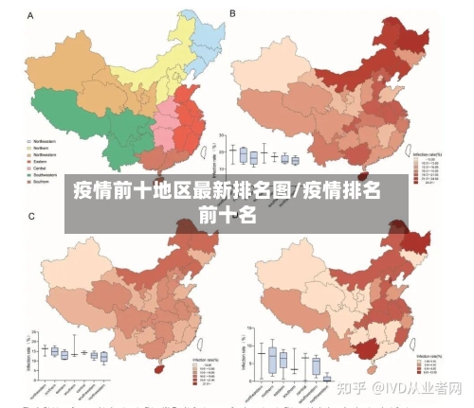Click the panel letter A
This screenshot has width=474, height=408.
[x=30, y=14]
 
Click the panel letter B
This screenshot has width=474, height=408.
[x=233, y=13]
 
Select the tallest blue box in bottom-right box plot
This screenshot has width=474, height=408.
[x=272, y=359]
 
